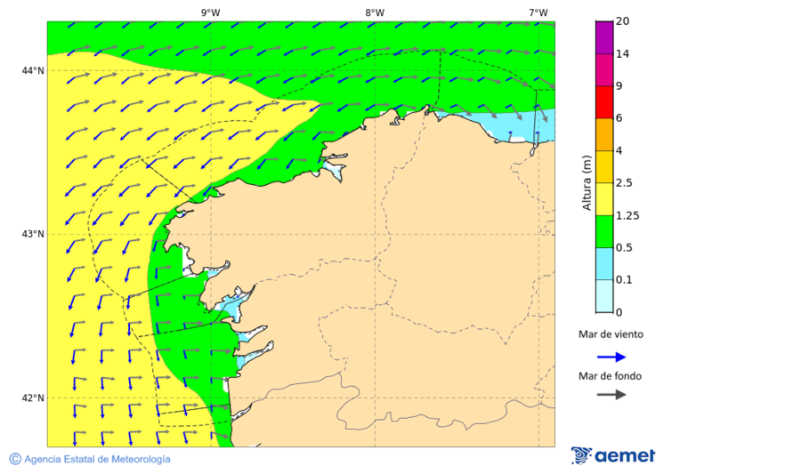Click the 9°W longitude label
(x=210, y=12)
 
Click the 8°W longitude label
(x=375, y=12)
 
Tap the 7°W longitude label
(x=538, y=12)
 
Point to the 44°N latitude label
(x=33, y=70)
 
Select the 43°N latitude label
(x=33, y=234)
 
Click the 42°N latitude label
(x=33, y=398)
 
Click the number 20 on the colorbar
(x=624, y=21)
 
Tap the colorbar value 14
(x=623, y=54)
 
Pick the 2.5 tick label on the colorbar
(x=626, y=183)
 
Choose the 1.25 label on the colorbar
(x=628, y=215)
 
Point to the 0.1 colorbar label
(x=626, y=280)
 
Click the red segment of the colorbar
(x=604, y=102)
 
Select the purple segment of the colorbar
(x=604, y=37)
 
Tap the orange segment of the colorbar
(x=604, y=134)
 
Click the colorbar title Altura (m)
(x=587, y=182)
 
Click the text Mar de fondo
(x=610, y=376)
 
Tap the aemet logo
(x=613, y=455)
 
